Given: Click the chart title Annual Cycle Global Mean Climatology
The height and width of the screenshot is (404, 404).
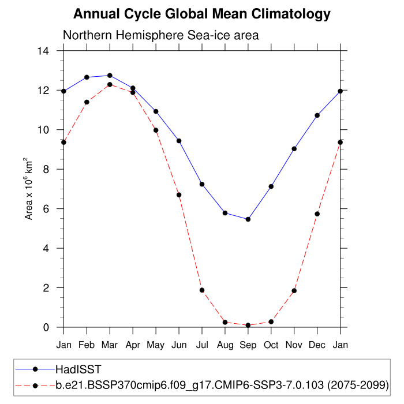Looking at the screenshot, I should (202, 14).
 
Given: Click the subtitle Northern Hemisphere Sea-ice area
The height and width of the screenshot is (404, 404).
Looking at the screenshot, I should (160, 35).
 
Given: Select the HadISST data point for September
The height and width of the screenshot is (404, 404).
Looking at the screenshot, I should (248, 219).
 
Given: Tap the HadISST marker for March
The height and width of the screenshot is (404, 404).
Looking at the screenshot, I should (110, 76).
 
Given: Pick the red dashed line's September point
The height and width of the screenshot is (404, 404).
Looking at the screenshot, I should (248, 325).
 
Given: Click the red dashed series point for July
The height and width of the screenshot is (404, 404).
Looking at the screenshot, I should (202, 290).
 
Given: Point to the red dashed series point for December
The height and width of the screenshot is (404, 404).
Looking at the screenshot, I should (317, 214).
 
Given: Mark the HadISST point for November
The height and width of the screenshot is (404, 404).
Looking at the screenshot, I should (294, 149).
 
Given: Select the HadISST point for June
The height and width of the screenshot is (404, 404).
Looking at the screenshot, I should (179, 141).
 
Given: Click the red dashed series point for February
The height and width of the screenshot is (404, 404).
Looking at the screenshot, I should (87, 102).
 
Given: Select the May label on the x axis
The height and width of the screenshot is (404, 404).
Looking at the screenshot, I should (156, 345).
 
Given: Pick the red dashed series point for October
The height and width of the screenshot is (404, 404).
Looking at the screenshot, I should (271, 321).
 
